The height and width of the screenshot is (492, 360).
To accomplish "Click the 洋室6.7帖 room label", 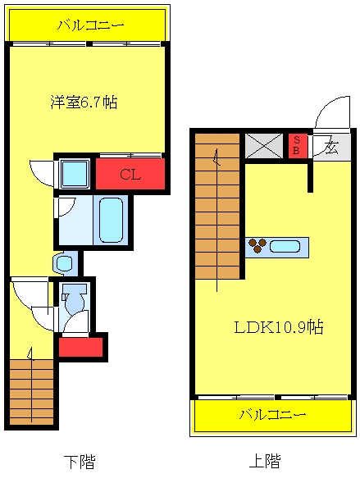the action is coord(84,102).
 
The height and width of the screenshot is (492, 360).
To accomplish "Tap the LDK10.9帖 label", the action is coord(279,327).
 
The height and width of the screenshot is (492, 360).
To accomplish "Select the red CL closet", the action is coord(130,174).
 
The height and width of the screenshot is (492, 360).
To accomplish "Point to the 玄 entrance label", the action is coord(331,147).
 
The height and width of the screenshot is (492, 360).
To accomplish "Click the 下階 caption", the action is coord(80,461).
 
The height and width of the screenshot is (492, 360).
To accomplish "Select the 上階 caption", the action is coord(265,461).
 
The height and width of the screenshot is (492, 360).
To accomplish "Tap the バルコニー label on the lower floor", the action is coord(91,25).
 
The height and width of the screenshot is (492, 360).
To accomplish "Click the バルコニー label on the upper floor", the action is coord(272,414).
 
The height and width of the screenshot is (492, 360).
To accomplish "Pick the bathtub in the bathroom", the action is coord(111,220).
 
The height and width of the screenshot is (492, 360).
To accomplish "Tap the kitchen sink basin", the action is coord(285,246).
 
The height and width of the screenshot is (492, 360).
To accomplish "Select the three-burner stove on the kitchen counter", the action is coord(257,245).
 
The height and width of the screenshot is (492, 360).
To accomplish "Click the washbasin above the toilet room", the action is coord(66,263).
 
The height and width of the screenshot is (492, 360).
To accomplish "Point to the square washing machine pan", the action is coord(75,174).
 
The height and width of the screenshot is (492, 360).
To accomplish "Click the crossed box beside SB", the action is coord(264,146).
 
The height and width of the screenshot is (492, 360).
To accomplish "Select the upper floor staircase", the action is coord(217,206).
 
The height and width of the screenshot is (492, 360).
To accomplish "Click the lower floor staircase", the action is coord(31,393).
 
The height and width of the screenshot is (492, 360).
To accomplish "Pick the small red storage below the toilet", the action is coord(81,347).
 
